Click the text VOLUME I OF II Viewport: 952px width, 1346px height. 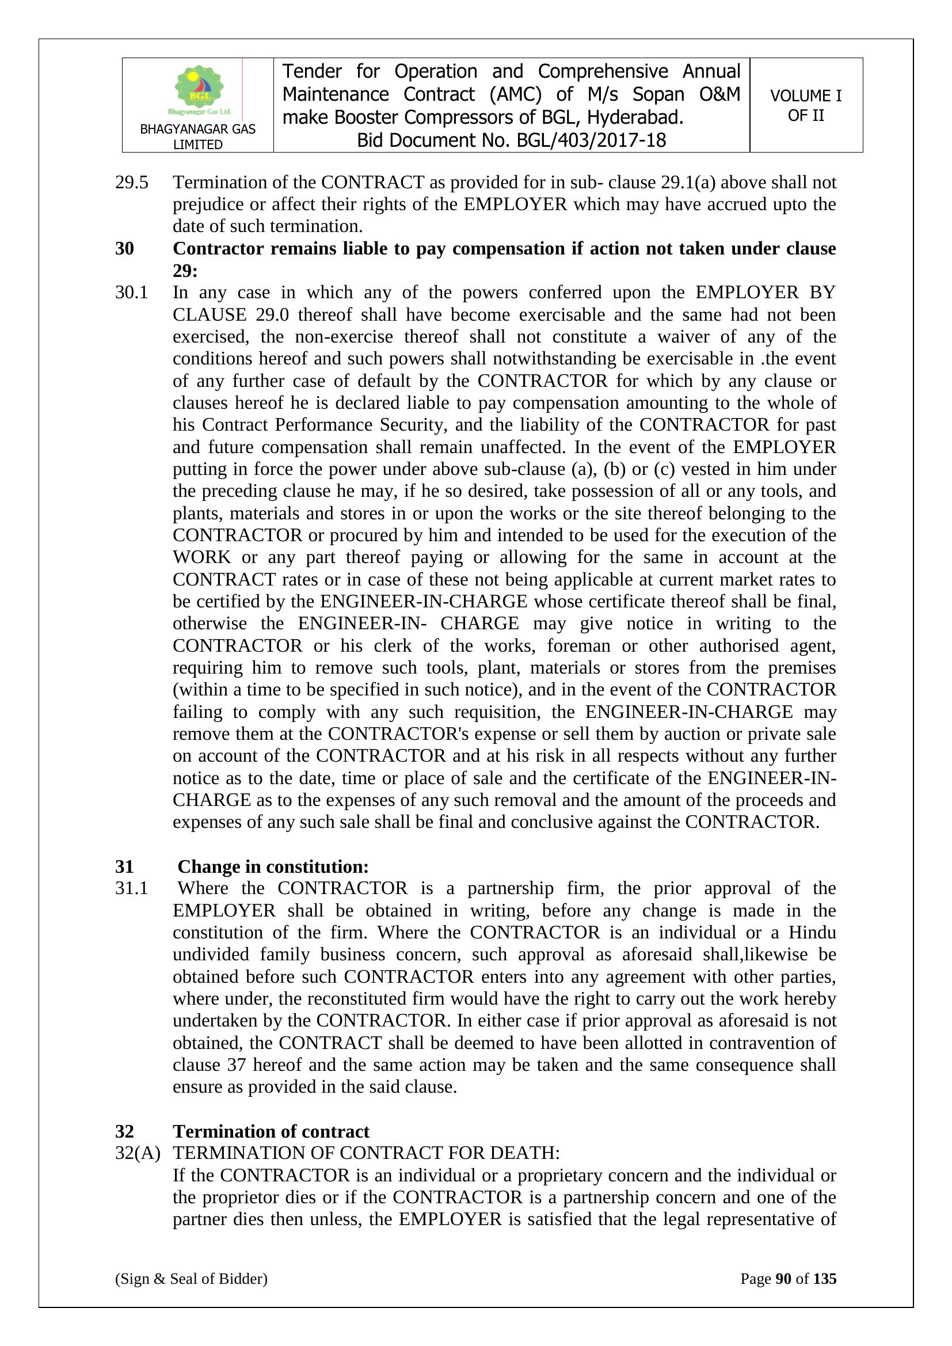pyautogui.click(x=805, y=105)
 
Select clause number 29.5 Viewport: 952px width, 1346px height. pyautogui.click(x=131, y=182)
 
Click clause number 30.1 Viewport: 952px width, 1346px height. pyautogui.click(x=131, y=292)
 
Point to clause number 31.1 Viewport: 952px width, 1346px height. pyautogui.click(x=131, y=888)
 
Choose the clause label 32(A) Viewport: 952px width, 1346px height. pyautogui.click(x=138, y=1153)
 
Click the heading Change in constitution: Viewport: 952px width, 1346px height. pyautogui.click(x=273, y=866)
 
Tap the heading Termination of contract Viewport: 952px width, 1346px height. pyautogui.click(x=271, y=1131)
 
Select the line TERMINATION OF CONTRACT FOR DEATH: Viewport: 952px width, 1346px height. pyautogui.click(x=367, y=1153)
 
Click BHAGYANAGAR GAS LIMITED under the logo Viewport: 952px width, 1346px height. pyautogui.click(x=197, y=136)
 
